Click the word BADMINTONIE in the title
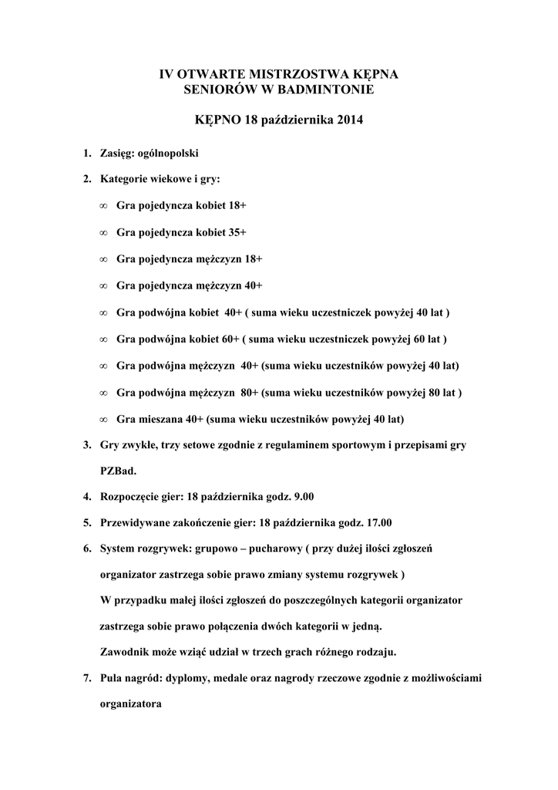click(x=329, y=91)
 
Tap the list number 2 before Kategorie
click(x=86, y=179)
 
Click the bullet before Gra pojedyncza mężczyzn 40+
click(x=103, y=285)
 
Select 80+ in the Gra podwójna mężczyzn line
click(x=249, y=392)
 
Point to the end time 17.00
click(x=377, y=522)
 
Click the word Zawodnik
click(x=125, y=651)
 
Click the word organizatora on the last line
click(x=131, y=704)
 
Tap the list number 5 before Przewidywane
click(x=86, y=522)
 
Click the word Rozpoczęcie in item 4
click(x=129, y=495)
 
